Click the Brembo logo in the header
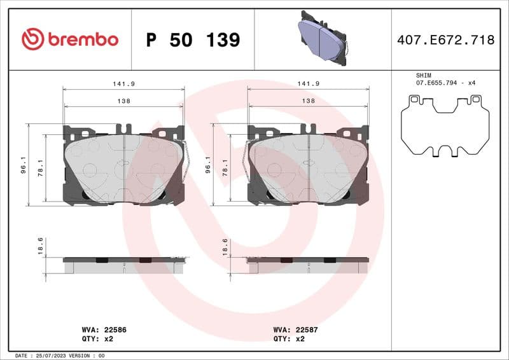[70, 39]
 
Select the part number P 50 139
[193, 40]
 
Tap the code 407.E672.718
[445, 40]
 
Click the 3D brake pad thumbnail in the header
[323, 38]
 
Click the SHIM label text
[424, 75]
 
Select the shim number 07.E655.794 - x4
[446, 83]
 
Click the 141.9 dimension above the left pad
[123, 83]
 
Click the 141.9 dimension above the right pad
[309, 83]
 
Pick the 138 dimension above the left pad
[123, 100]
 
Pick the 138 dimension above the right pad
[309, 100]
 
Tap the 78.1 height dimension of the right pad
[225, 167]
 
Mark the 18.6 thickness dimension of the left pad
[40, 246]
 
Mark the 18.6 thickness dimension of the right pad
[225, 246]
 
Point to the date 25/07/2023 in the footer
[53, 355]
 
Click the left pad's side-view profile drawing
[124, 265]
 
